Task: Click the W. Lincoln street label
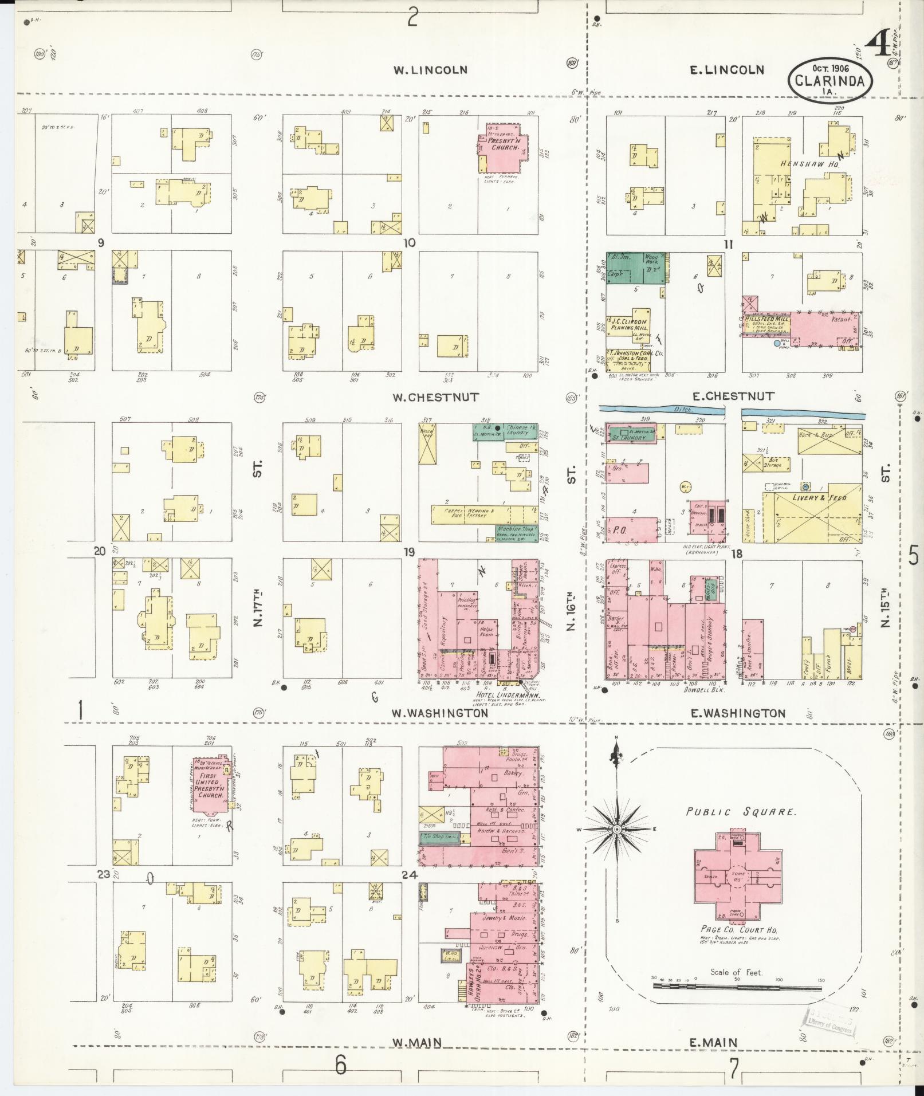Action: coord(430,70)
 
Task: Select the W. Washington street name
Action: coord(440,713)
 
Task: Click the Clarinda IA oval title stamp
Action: coord(831,81)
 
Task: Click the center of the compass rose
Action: coord(617,829)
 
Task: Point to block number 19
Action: coord(408,552)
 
